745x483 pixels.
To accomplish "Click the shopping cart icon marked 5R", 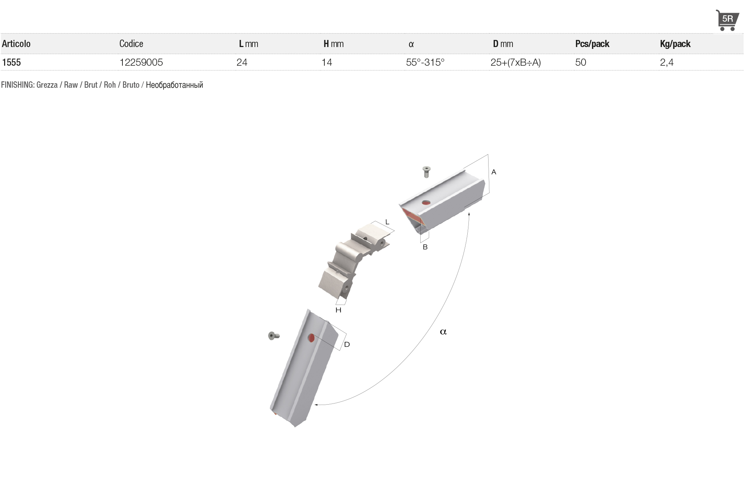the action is coord(727,20).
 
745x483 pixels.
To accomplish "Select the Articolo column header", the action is coord(16,44).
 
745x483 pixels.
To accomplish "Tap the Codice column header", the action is coord(131,44).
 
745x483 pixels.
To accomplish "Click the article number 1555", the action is coord(11,62).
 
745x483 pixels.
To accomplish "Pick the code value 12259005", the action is coord(141,62).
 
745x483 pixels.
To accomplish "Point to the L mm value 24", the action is coord(242,62).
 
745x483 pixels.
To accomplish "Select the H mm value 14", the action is coord(327,62).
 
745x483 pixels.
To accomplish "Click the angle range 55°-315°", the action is coord(425,62).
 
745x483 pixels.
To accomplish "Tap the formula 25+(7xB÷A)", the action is coord(515,62).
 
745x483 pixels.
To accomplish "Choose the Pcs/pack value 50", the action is coord(580,62).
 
